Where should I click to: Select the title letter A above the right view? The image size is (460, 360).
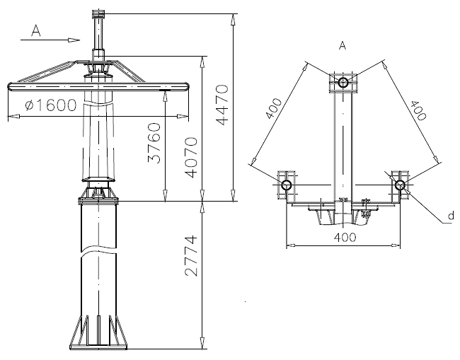tap(343, 46)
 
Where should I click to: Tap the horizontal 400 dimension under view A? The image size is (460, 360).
tap(343, 238)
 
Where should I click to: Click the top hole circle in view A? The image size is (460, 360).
tap(343, 83)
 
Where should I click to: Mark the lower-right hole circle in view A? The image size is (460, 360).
tap(400, 185)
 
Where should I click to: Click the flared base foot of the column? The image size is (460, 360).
tap(98, 333)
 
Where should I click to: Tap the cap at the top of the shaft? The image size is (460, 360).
tap(98, 13)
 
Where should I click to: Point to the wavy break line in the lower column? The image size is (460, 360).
tap(98, 250)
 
